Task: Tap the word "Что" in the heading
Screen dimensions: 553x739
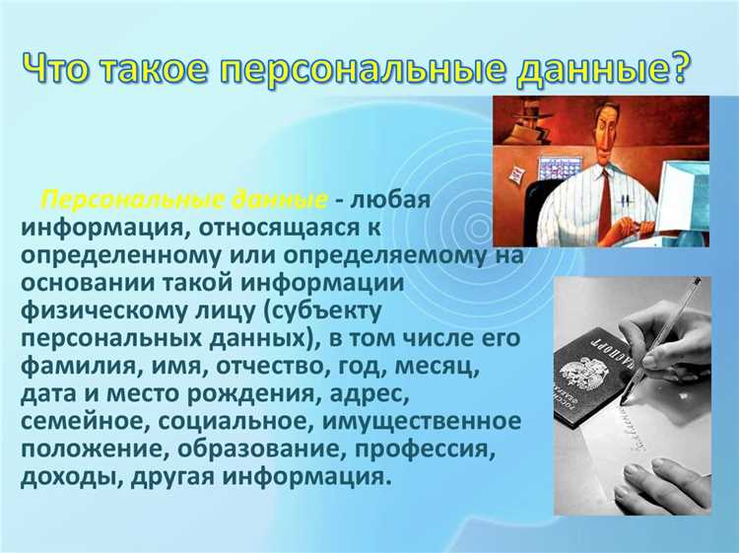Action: [61, 69]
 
